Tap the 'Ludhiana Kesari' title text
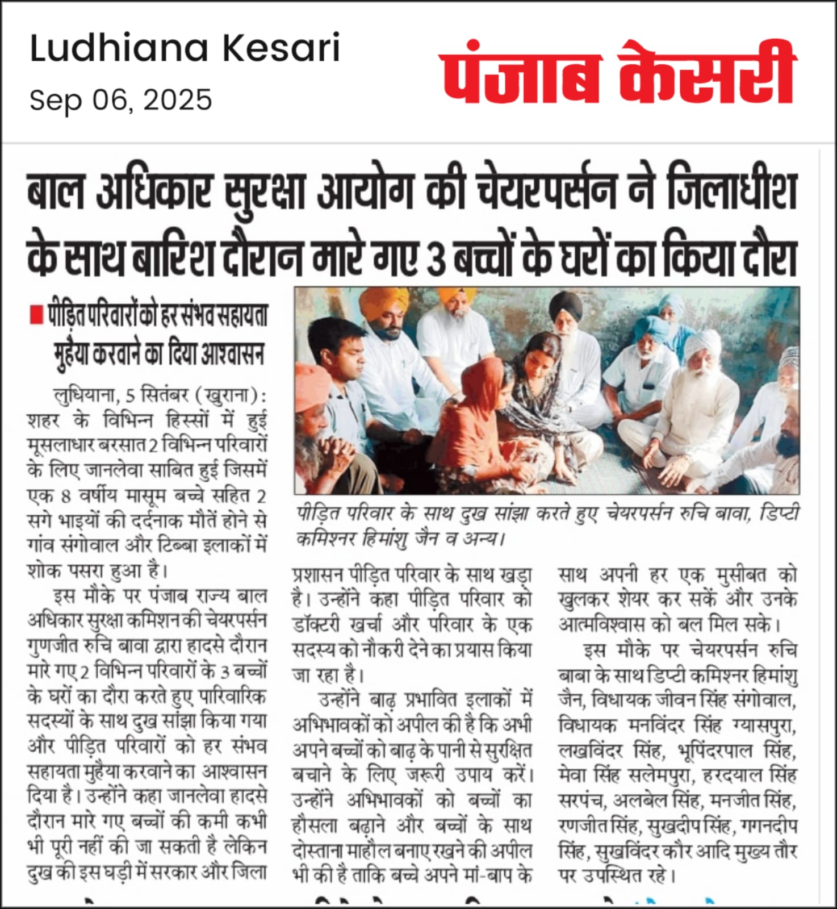[x=185, y=49]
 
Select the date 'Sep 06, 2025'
[x=120, y=101]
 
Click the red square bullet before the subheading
[x=36, y=314]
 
